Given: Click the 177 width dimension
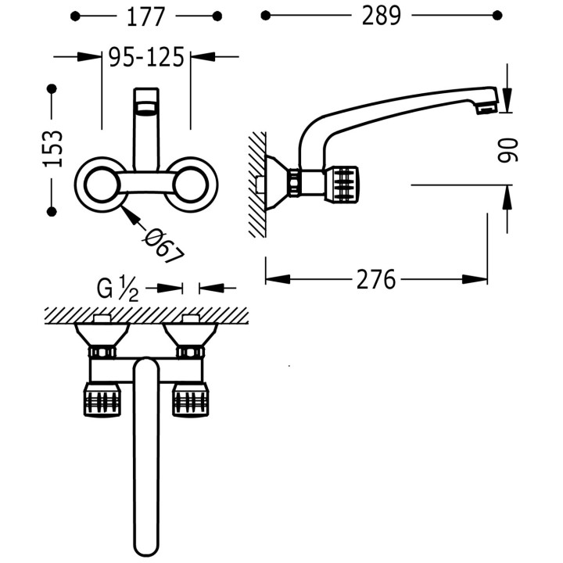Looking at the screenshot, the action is tap(145, 16).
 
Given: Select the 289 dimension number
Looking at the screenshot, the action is tap(381, 16).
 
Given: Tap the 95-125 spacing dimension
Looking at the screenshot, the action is tap(146, 57).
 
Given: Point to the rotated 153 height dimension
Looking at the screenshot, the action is tap(53, 149).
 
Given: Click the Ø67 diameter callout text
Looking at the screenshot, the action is tap(163, 246).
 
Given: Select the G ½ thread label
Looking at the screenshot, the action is tap(117, 288).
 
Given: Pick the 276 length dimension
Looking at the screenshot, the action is tap(376, 279).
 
